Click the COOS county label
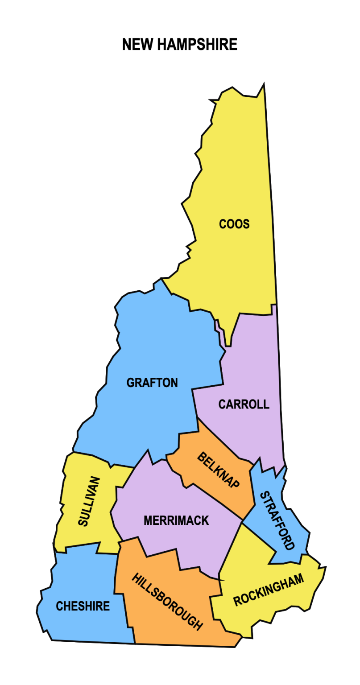point(234,224)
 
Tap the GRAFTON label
point(152,383)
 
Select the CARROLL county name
point(244,404)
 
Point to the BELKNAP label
point(218,470)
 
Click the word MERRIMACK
point(176,520)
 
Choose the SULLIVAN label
point(89,501)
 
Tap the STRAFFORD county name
point(277,520)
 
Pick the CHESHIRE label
point(83,607)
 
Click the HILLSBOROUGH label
point(167,602)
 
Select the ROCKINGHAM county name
point(269,590)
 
